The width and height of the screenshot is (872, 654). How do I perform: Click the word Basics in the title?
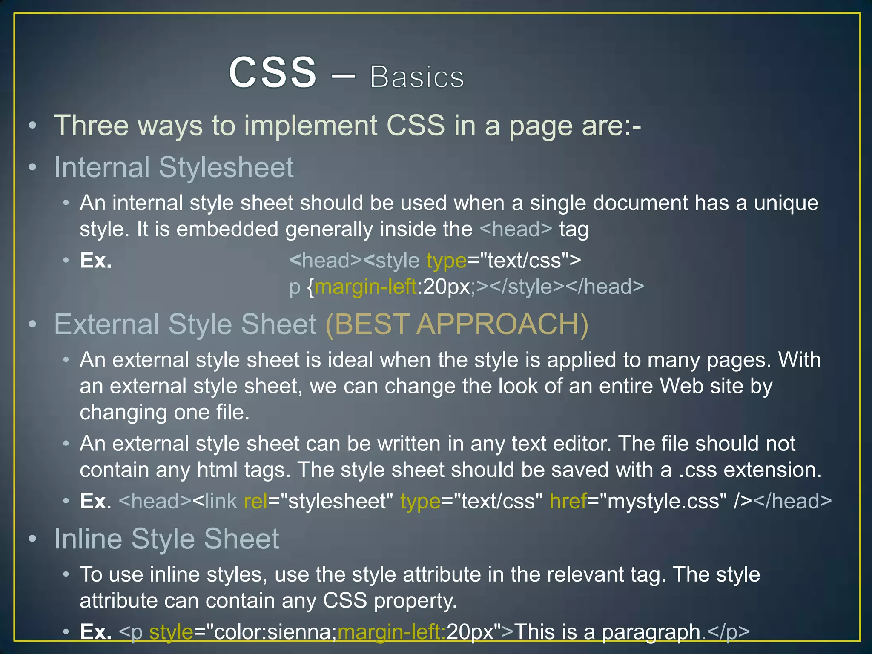point(417,77)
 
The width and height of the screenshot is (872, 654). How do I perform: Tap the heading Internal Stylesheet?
point(174,167)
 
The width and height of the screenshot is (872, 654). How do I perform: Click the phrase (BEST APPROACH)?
point(457,324)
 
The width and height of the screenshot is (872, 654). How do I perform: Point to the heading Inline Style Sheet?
point(166,539)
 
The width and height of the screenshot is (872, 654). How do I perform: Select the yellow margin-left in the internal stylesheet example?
point(365,287)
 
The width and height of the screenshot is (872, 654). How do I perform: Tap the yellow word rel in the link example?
point(255,501)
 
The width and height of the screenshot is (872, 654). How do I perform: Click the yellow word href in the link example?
point(568,501)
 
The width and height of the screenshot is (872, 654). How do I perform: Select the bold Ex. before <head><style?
point(96,261)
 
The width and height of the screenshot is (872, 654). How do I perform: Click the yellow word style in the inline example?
point(171,632)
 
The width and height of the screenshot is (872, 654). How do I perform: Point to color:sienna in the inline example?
point(275,632)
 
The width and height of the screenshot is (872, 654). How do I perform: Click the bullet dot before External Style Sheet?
point(32,324)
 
